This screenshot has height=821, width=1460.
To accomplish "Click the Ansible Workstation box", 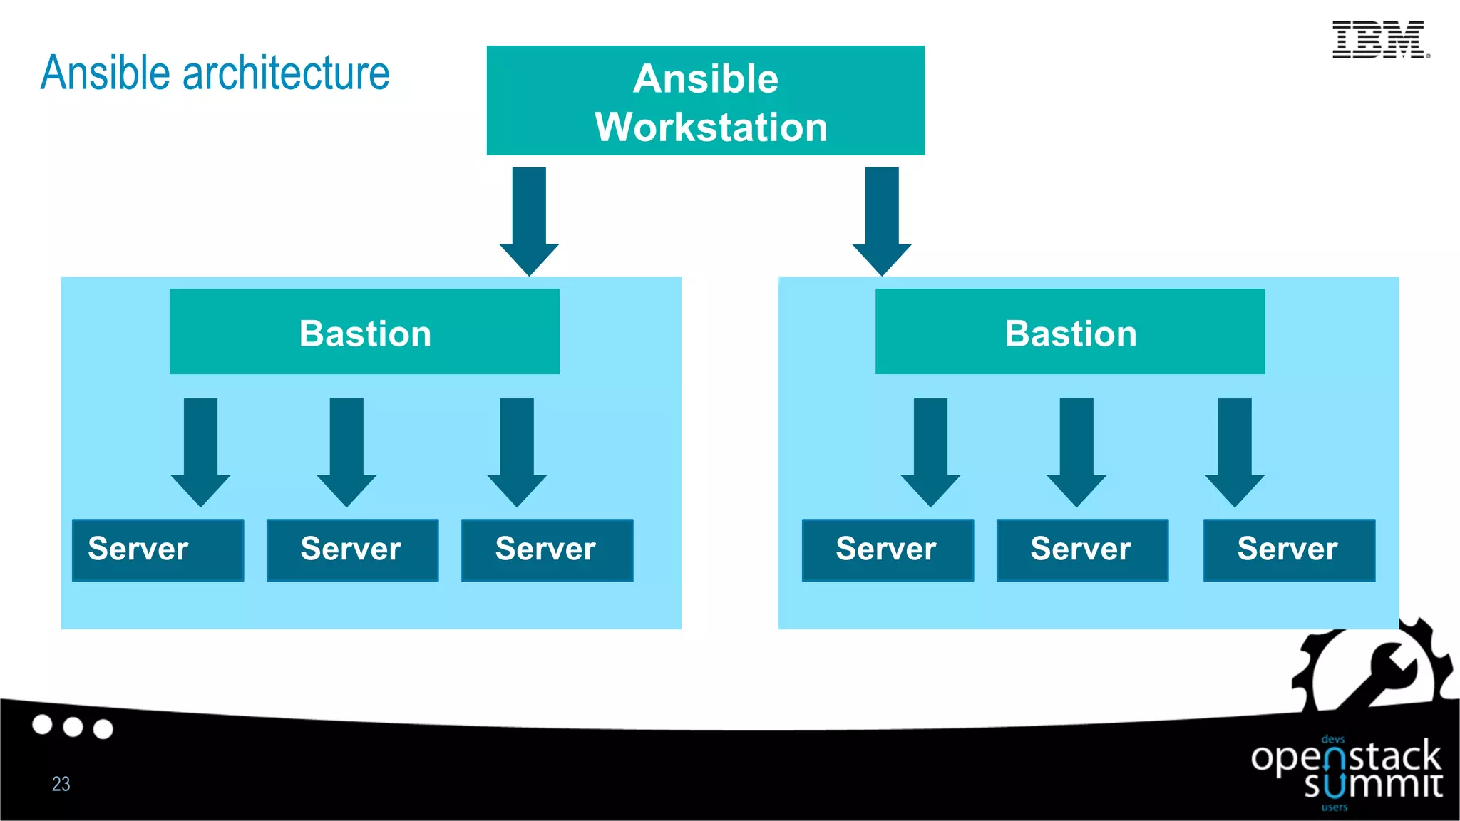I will [705, 100].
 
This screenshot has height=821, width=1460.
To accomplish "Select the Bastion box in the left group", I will [364, 331].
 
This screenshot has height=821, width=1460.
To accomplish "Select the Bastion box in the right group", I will [1069, 331].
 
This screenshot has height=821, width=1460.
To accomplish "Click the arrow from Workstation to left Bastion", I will [529, 221].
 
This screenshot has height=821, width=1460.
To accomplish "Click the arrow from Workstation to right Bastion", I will [882, 221].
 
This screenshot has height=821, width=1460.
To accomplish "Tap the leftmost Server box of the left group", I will [158, 549].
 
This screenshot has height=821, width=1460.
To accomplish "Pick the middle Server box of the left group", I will [352, 549].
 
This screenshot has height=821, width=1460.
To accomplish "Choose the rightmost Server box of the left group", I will [547, 549].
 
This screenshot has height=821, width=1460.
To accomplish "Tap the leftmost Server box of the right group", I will [887, 549].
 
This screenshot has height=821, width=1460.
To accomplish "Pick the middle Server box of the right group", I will [1081, 549].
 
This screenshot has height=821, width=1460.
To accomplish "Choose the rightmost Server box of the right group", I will [1288, 549].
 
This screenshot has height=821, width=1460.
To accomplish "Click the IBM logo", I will [1379, 39].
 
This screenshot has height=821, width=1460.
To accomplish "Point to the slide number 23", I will [61, 784].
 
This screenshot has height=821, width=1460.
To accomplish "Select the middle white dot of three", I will [73, 727].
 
